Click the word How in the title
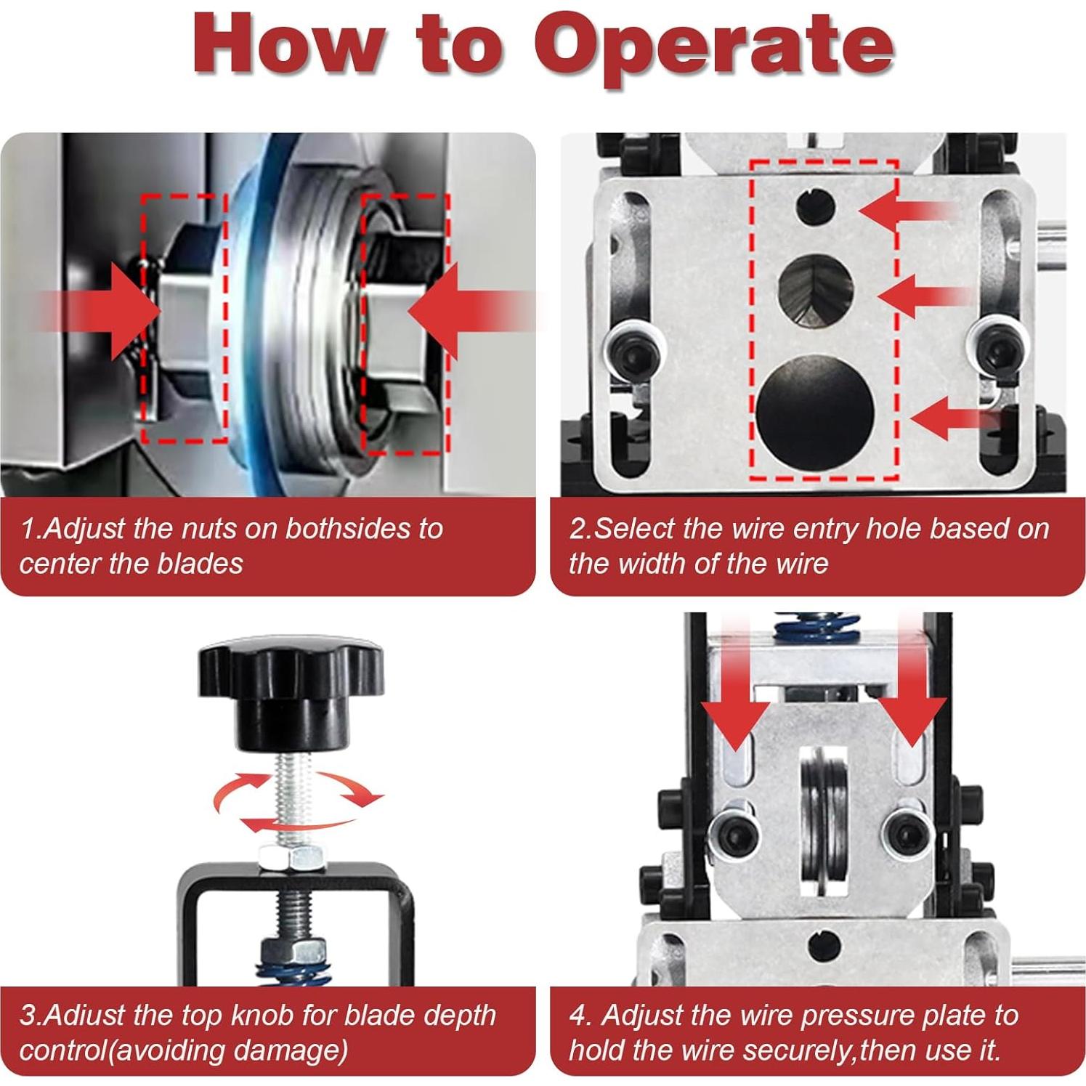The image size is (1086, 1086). [x=288, y=44]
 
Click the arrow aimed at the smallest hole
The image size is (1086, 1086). [x=908, y=211]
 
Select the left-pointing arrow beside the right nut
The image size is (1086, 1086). [x=472, y=311]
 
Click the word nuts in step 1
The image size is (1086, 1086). [x=209, y=529]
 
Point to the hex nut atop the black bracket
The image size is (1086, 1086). [x=293, y=854]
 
